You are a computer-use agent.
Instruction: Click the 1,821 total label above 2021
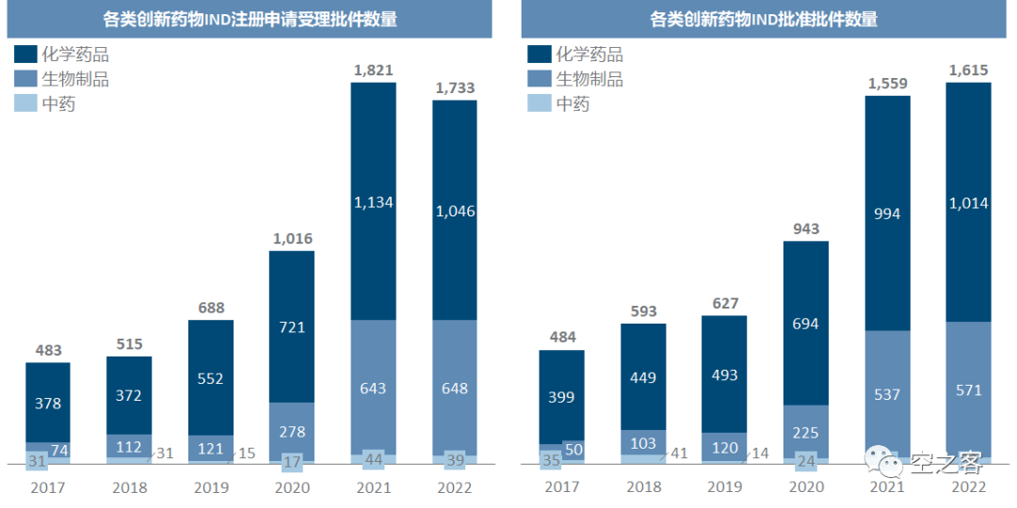pyautogui.click(x=373, y=70)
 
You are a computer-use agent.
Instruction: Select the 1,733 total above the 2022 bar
pyautogui.click(x=455, y=87)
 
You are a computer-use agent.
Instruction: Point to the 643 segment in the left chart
pyautogui.click(x=373, y=388)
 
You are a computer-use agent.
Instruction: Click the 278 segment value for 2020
pyautogui.click(x=292, y=431)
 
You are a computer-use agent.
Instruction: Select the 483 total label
pyautogui.click(x=47, y=349)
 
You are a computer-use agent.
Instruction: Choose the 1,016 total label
pyautogui.click(x=292, y=238)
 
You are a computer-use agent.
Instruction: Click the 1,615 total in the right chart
pyautogui.click(x=969, y=70)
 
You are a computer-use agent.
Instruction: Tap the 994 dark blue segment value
pyautogui.click(x=887, y=214)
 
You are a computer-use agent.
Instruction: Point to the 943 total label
pyautogui.click(x=806, y=229)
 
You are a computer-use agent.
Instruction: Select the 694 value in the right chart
pyautogui.click(x=806, y=324)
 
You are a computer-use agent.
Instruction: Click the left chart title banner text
pyautogui.click(x=250, y=20)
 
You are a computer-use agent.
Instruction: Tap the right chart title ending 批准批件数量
pyautogui.click(x=764, y=20)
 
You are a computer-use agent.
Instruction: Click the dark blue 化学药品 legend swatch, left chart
pyautogui.click(x=26, y=55)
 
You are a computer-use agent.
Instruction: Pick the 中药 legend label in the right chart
pyautogui.click(x=572, y=103)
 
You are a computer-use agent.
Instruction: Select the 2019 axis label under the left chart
pyautogui.click(x=211, y=488)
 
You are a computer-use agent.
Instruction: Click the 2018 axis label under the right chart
pyautogui.click(x=643, y=487)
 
